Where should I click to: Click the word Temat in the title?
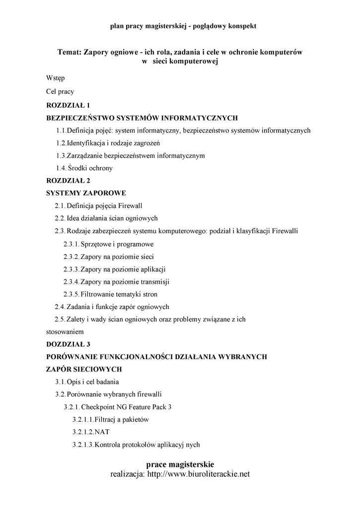click(70, 52)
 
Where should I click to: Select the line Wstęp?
click(55, 78)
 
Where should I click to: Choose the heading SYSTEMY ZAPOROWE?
click(86, 193)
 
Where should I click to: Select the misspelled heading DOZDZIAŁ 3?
click(69, 344)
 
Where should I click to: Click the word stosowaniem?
click(65, 331)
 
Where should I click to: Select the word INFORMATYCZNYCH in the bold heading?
click(198, 118)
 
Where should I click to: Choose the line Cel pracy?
click(60, 92)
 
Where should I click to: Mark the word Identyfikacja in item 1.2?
click(86, 143)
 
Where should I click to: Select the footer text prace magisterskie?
click(180, 464)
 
